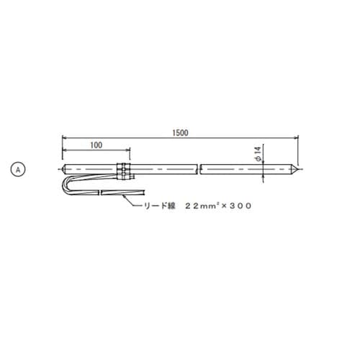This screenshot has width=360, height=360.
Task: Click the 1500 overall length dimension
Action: click(x=180, y=132)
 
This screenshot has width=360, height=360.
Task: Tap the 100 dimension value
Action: click(x=96, y=145)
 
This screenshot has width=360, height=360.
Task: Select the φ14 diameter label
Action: click(x=258, y=154)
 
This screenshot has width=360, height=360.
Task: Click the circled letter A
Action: click(x=18, y=170)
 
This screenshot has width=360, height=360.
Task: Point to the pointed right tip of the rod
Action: click(x=298, y=169)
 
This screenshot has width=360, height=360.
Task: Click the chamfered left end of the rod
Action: click(x=64, y=169)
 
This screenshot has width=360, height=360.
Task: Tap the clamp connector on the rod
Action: click(x=124, y=171)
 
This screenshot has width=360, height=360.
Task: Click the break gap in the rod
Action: click(x=199, y=169)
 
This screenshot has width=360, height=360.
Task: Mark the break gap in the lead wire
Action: click(x=100, y=193)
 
